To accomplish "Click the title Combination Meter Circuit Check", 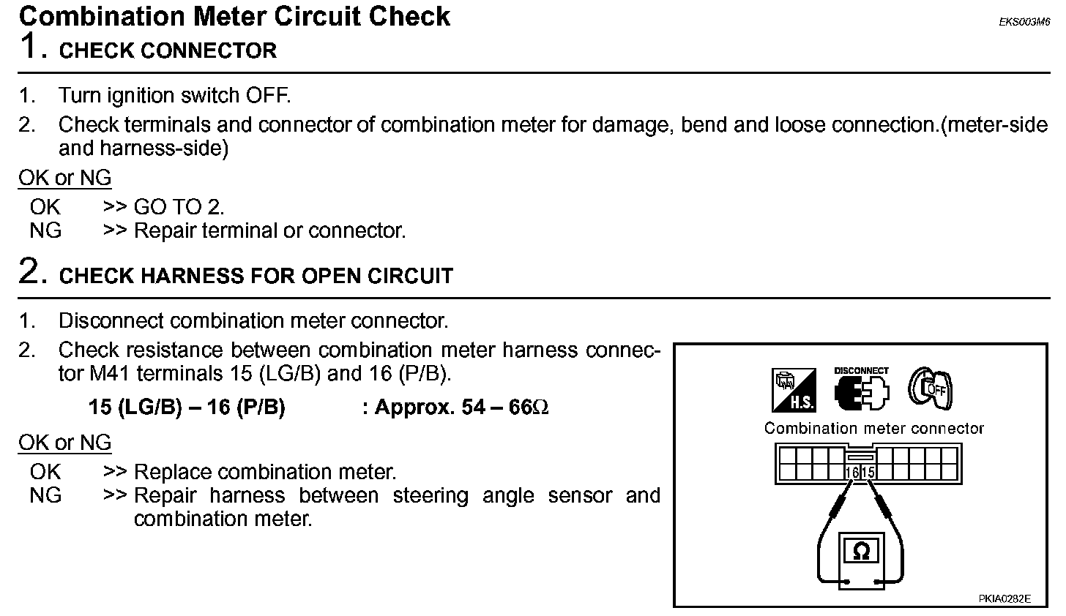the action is [234, 16].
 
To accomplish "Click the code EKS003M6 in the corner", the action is [1024, 22].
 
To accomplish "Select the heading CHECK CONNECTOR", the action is [168, 50].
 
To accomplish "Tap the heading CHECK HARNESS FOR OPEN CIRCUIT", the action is [256, 276].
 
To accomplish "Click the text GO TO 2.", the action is [179, 207].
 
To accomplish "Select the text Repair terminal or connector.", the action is [269, 230].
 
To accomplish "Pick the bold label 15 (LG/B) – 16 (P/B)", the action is [187, 407].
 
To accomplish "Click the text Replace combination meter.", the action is [265, 472].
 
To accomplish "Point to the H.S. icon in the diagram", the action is [794, 390].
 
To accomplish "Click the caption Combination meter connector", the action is [874, 429].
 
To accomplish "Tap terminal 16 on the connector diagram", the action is [851, 473].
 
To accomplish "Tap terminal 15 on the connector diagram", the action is [868, 473].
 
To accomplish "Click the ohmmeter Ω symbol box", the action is [862, 551].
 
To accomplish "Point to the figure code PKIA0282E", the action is [1004, 598].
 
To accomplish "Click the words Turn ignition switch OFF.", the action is [174, 96].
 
